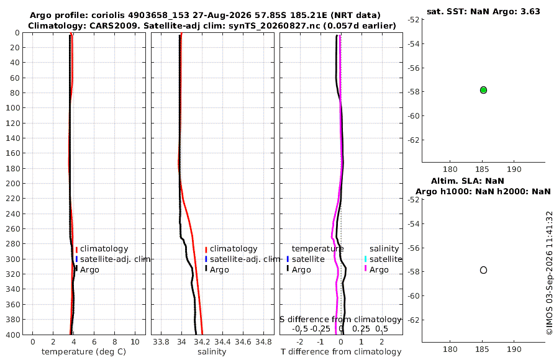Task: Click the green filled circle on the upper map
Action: click(483, 90)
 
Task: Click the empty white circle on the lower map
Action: click(483, 270)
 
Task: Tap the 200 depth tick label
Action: click(12, 184)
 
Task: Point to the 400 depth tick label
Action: click(12, 335)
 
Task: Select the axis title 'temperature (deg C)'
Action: click(84, 352)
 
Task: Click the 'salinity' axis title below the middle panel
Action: click(212, 352)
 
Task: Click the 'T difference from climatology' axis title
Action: click(341, 352)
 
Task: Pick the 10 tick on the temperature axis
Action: click(135, 342)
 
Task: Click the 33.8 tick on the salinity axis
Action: click(161, 342)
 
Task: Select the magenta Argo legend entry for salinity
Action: click(376, 270)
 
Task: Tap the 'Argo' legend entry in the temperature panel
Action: click(87, 270)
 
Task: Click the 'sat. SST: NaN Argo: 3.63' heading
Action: click(483, 11)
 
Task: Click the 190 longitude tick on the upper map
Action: click(514, 169)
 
